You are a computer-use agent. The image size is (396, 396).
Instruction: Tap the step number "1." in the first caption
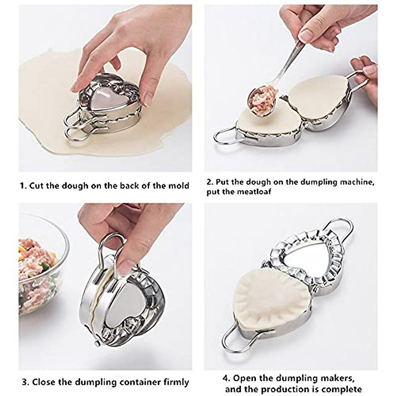[x=23, y=185]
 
